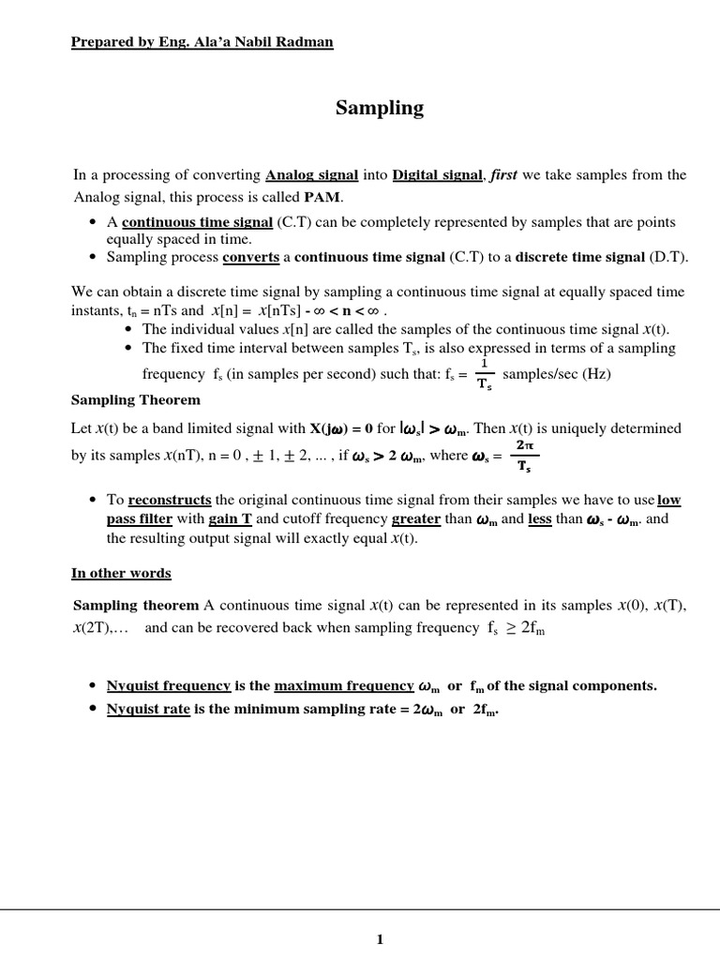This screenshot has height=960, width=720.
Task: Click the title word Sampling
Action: (380, 109)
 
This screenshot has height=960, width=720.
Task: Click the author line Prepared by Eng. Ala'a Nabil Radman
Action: (202, 42)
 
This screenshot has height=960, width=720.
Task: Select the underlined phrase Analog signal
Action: (311, 174)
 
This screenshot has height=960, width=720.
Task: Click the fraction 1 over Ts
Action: (484, 374)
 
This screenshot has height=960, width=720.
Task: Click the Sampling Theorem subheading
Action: (136, 400)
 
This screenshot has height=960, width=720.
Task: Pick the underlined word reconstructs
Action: (170, 501)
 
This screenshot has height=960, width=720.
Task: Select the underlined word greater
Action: (416, 518)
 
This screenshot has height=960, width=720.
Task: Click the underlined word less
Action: (540, 518)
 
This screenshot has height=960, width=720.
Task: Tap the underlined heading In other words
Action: (122, 573)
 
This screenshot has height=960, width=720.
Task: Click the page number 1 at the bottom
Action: (380, 940)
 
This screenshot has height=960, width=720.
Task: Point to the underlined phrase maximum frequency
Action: (344, 685)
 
